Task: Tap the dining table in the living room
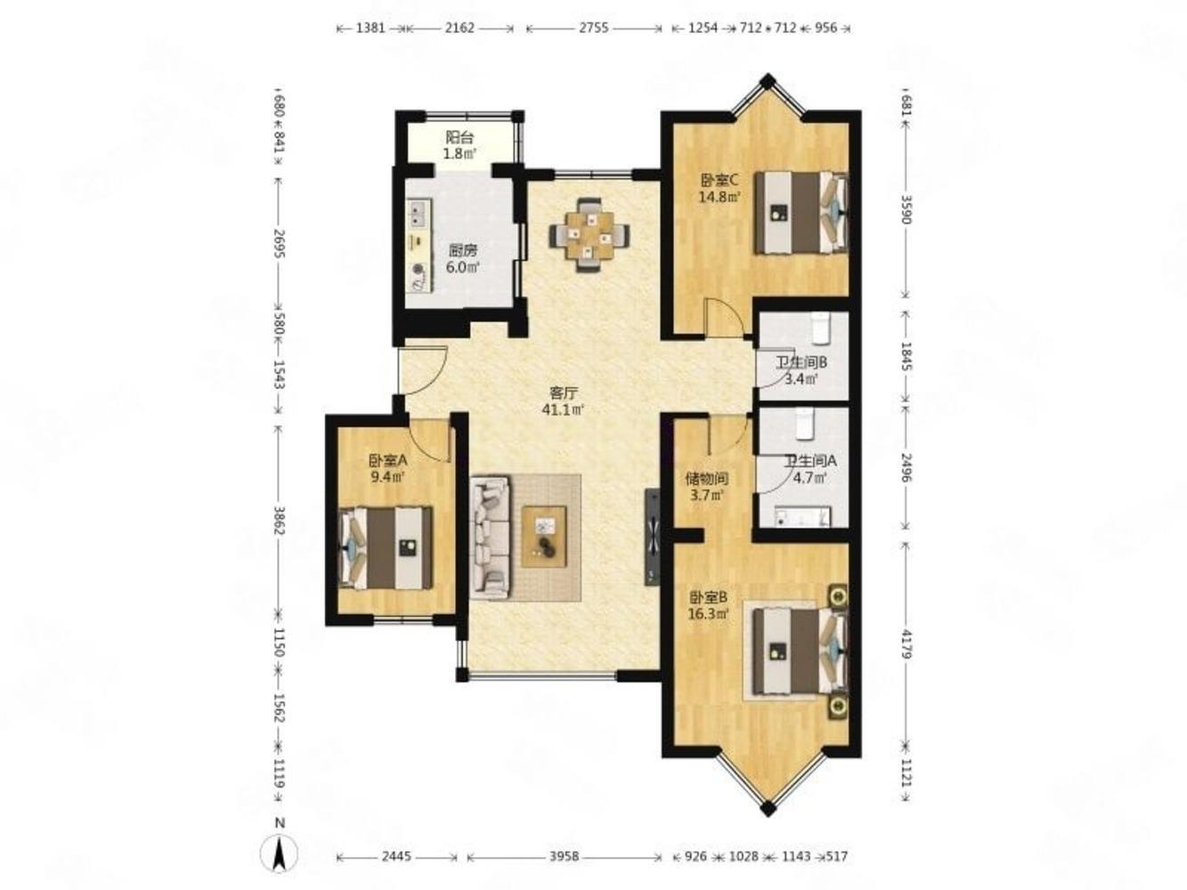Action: click(x=589, y=235)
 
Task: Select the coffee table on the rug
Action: click(x=544, y=537)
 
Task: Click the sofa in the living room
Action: click(x=490, y=538)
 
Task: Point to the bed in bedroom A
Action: click(x=385, y=546)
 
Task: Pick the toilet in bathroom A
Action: click(x=806, y=423)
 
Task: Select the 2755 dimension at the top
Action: click(x=594, y=28)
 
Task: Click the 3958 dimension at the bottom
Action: click(x=564, y=856)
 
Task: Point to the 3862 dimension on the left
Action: click(x=279, y=520)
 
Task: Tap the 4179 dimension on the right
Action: click(x=907, y=642)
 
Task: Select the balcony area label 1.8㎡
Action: click(x=459, y=153)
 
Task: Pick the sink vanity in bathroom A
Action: click(x=802, y=516)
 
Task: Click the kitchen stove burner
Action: click(x=418, y=268)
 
